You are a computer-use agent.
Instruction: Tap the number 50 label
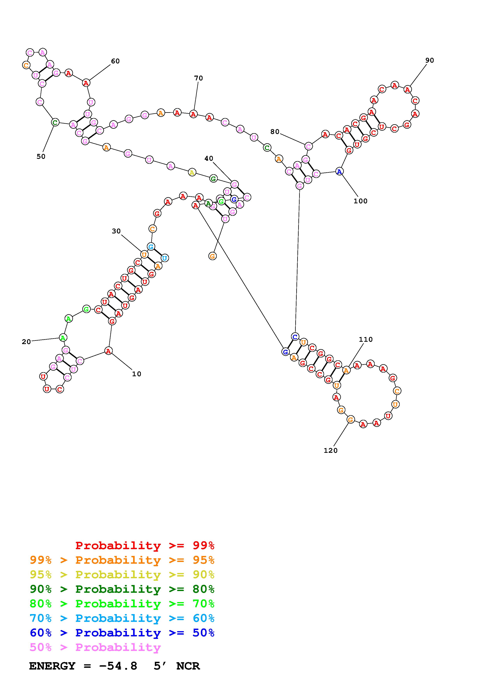point(41,157)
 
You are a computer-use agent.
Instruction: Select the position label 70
point(198,78)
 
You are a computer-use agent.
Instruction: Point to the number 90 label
point(429,60)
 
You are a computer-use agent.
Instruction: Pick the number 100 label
point(360,201)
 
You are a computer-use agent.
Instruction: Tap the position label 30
point(116,231)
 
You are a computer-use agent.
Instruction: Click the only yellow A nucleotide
point(192,172)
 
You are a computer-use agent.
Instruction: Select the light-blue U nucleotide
point(165,258)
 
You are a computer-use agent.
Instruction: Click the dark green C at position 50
point(55,122)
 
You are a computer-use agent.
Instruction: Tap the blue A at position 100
point(339,171)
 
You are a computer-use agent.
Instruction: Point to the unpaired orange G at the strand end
point(212,256)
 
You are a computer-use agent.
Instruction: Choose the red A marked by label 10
point(108,351)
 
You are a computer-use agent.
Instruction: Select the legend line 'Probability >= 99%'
point(145,545)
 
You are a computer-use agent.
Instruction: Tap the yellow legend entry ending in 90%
point(122,575)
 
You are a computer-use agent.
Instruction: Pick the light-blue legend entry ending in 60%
point(122,618)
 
